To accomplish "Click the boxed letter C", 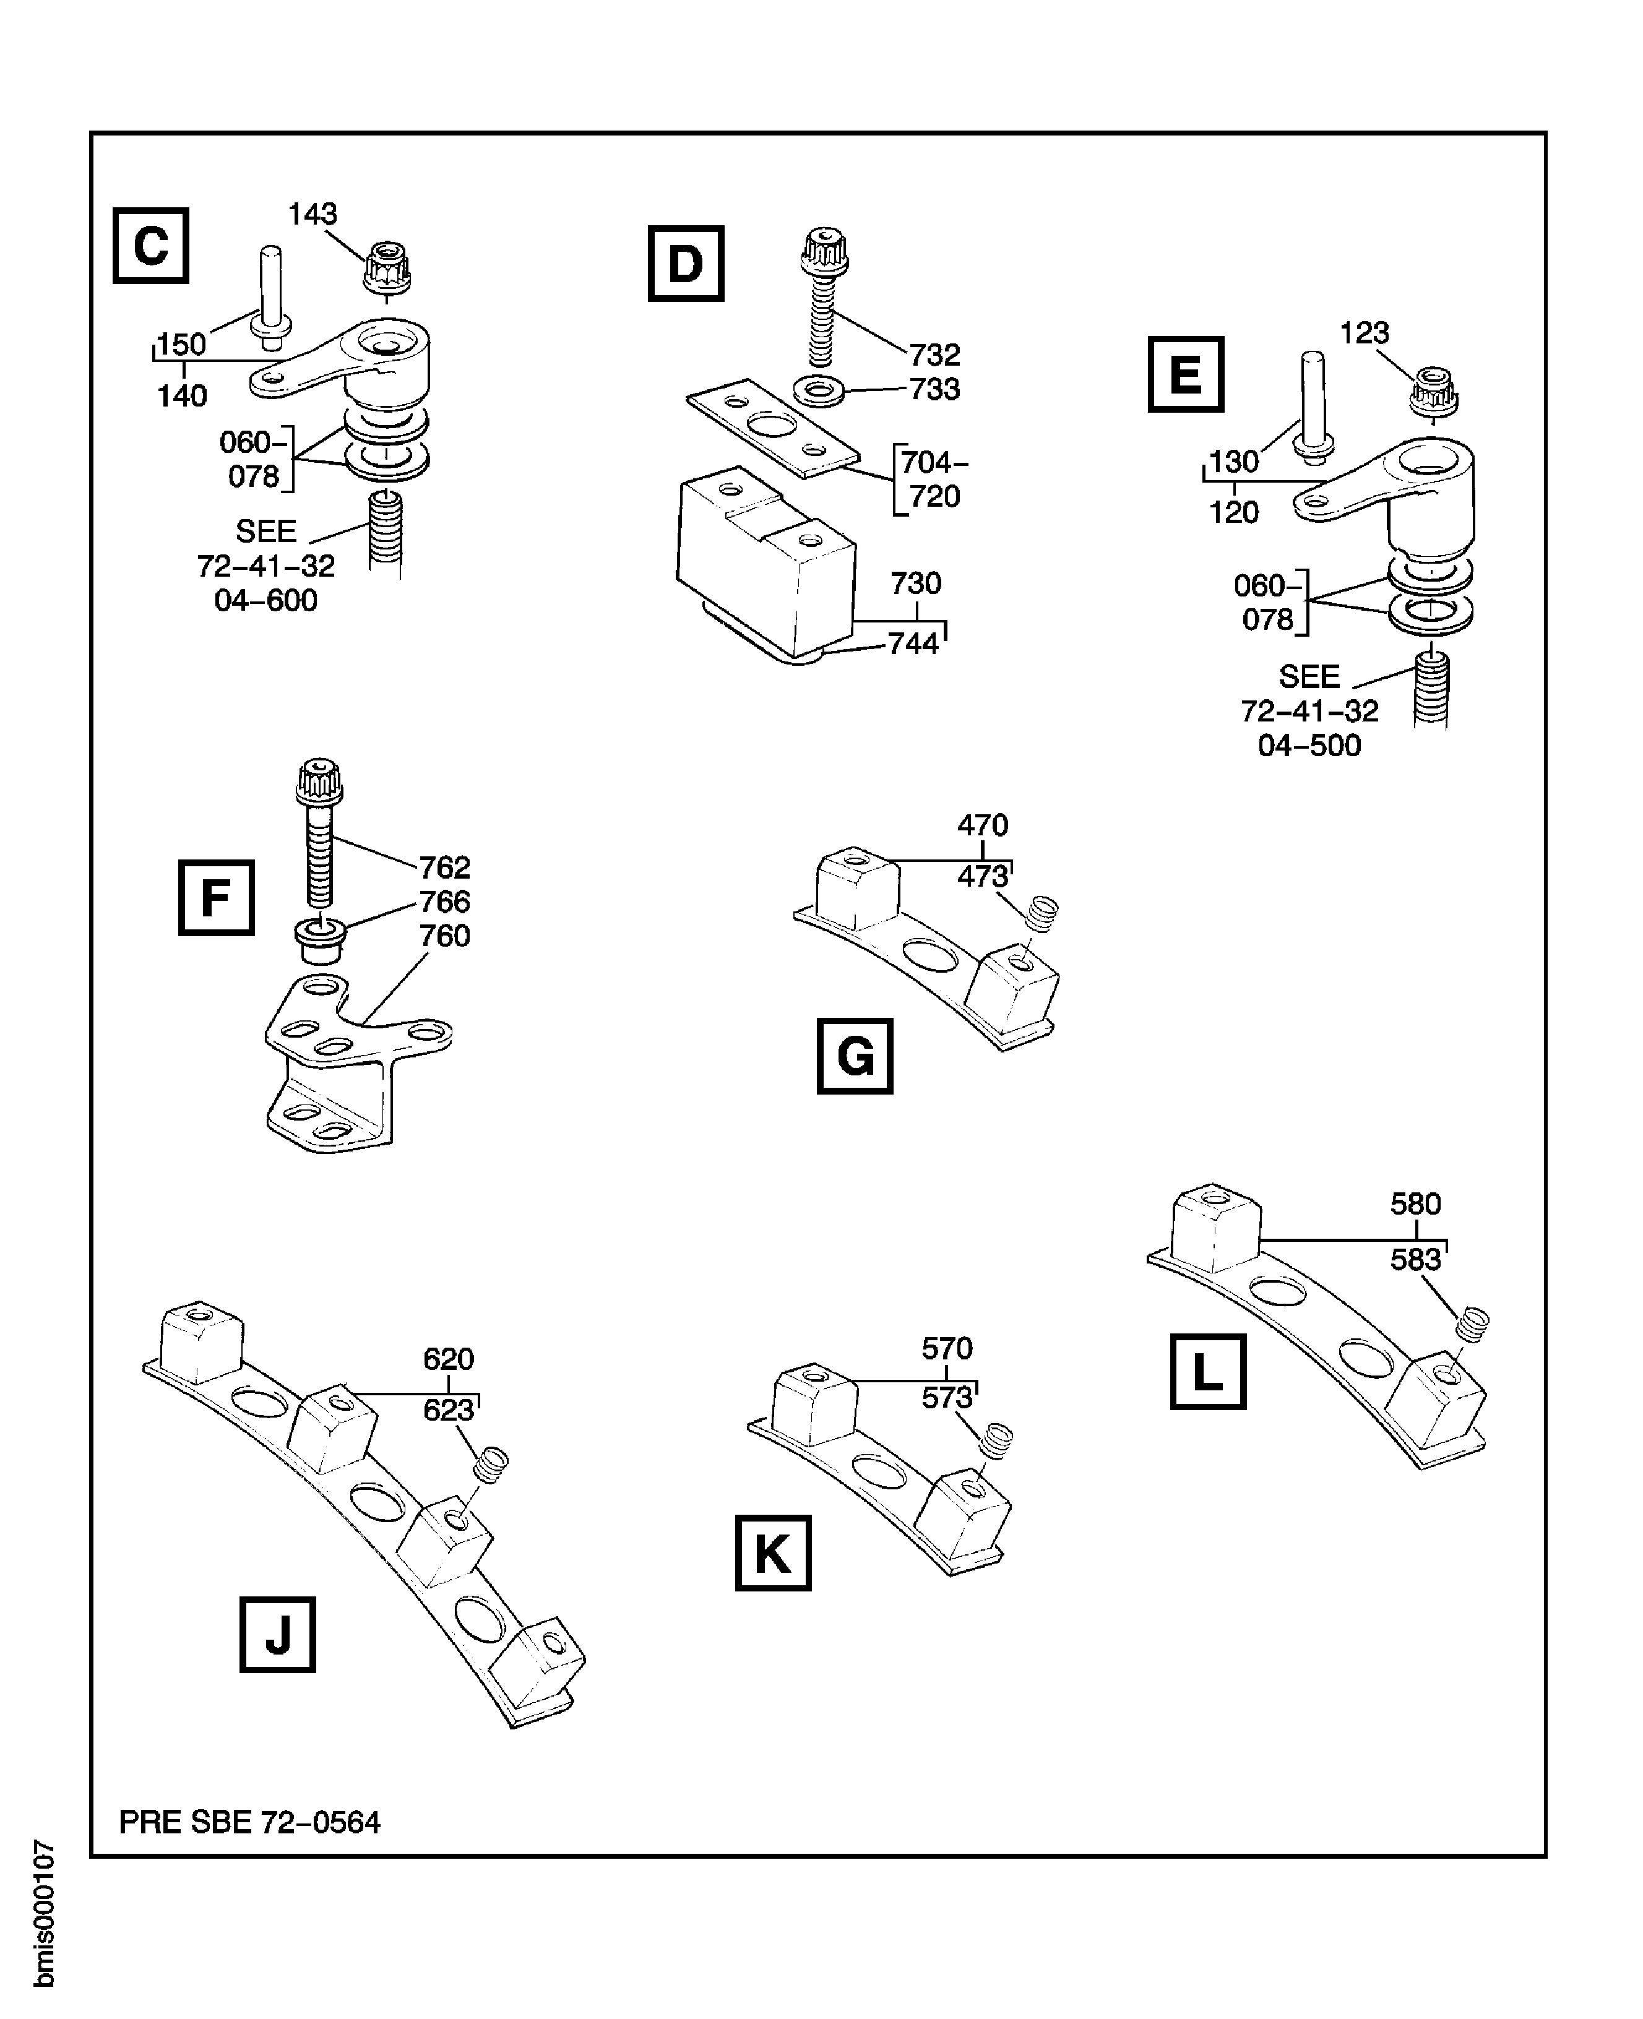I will coord(150,246).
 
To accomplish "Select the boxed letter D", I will coord(685,264).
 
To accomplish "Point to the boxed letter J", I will coord(277,1634).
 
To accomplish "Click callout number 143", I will coord(313,215).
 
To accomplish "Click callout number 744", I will coord(913,644).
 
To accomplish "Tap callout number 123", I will coord(1364,333).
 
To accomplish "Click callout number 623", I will coord(447,1411).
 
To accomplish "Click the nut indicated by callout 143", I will coord(386,268).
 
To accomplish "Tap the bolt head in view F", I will coord(319,780).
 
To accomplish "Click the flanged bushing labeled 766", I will coord(321,941).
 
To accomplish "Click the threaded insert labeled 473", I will coord(1042,913).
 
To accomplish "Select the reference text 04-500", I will coord(1309,746).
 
